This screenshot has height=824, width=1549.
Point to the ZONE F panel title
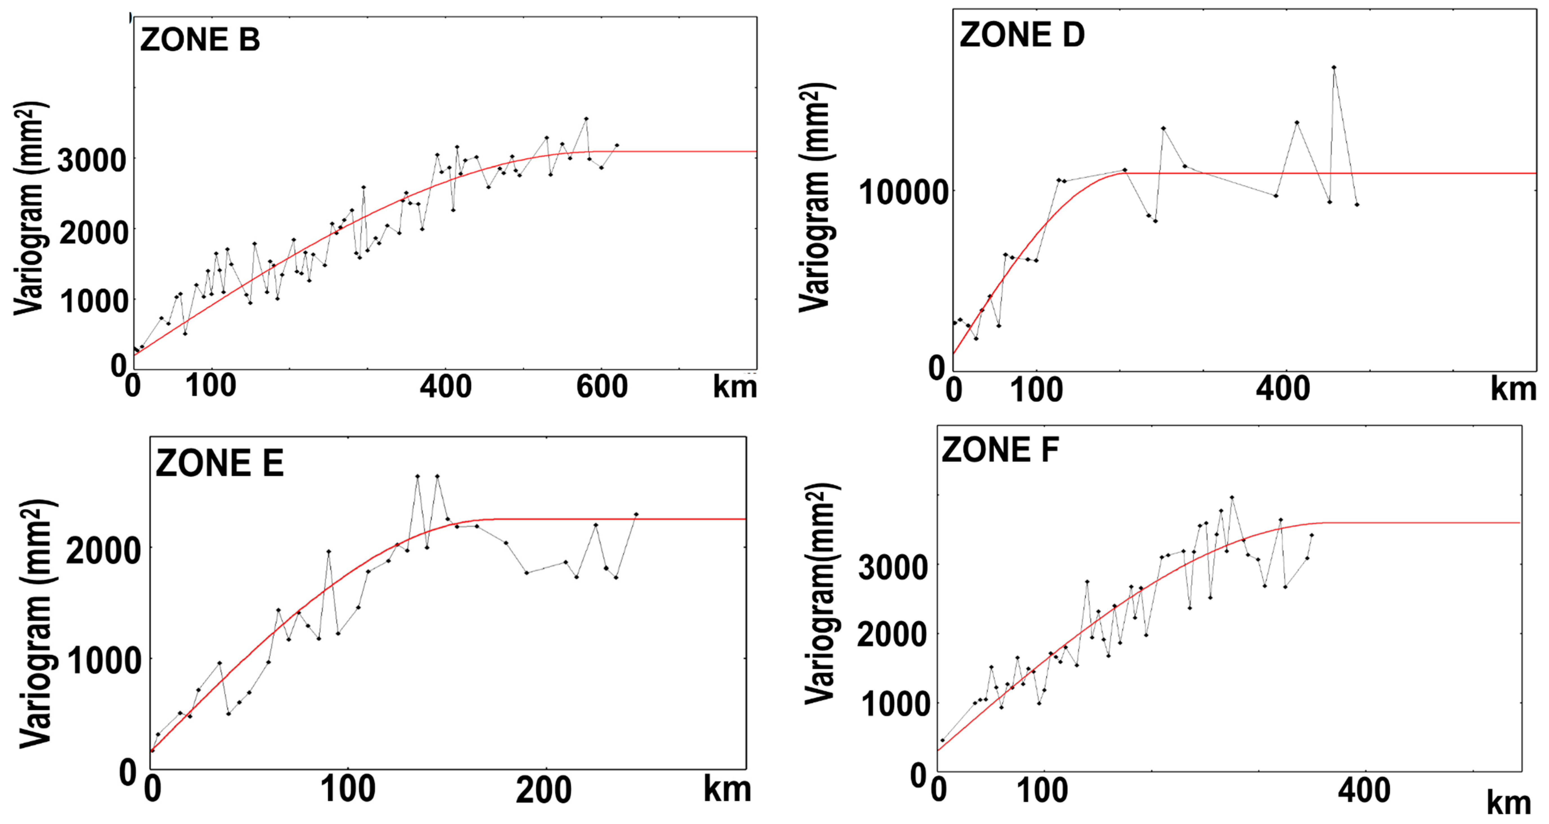tap(1000, 450)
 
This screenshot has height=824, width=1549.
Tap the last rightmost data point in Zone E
tap(636, 514)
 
